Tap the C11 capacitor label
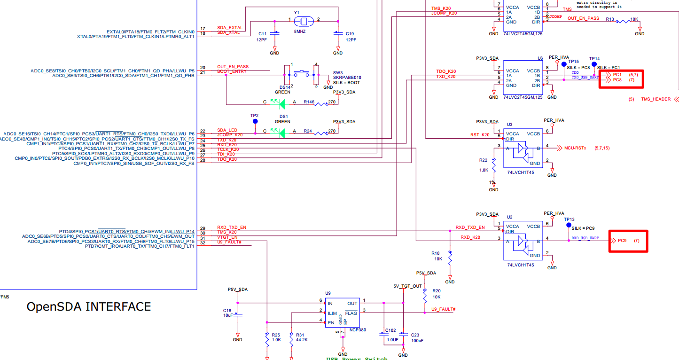(x=262, y=34)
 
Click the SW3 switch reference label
(x=338, y=72)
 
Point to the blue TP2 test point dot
(x=255, y=121)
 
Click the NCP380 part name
(x=358, y=330)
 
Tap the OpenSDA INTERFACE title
(x=89, y=307)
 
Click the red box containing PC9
(x=628, y=241)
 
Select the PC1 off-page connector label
(x=617, y=75)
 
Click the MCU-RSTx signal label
(x=575, y=148)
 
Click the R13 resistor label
(x=610, y=19)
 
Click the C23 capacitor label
(x=416, y=335)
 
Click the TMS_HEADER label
(x=656, y=99)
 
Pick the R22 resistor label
(x=484, y=161)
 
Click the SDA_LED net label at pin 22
(x=226, y=130)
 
